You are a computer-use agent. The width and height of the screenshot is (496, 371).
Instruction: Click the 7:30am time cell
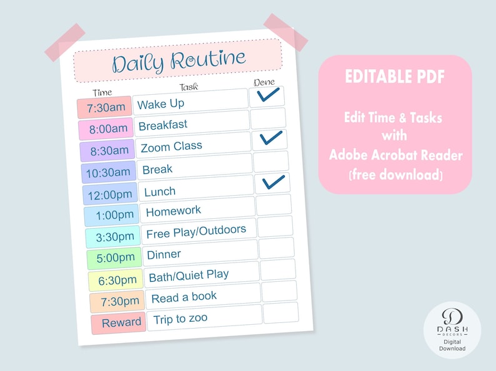[x=104, y=107]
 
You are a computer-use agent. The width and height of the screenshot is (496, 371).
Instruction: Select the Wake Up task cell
[x=191, y=102]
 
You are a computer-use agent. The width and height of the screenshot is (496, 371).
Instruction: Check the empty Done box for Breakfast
[x=268, y=118]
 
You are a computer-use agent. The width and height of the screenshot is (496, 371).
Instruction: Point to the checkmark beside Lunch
[x=274, y=183]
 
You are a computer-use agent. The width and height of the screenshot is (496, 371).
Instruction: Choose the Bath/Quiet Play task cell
[x=202, y=274]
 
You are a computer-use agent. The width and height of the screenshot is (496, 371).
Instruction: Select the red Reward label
[x=119, y=323]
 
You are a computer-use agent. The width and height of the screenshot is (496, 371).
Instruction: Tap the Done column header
[x=264, y=82]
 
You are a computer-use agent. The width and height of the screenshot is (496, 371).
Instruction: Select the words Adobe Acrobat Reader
[x=395, y=155]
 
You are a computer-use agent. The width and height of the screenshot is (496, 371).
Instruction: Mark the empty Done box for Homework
[x=274, y=205]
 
